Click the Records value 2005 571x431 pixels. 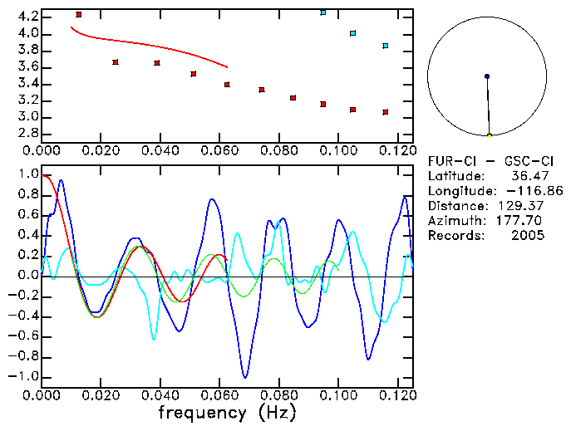pyautogui.click(x=529, y=236)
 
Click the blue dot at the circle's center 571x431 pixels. pyautogui.click(x=487, y=76)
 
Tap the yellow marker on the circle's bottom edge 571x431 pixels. pyautogui.click(x=490, y=135)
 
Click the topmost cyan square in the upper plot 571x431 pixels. pyautogui.click(x=323, y=12)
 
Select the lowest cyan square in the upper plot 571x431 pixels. pyautogui.click(x=386, y=46)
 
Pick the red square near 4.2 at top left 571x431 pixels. pyautogui.click(x=79, y=14)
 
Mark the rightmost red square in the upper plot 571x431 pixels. pyautogui.click(x=386, y=112)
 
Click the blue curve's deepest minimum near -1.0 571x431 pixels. pyautogui.click(x=245, y=377)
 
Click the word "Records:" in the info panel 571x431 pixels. pyautogui.click(x=455, y=236)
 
